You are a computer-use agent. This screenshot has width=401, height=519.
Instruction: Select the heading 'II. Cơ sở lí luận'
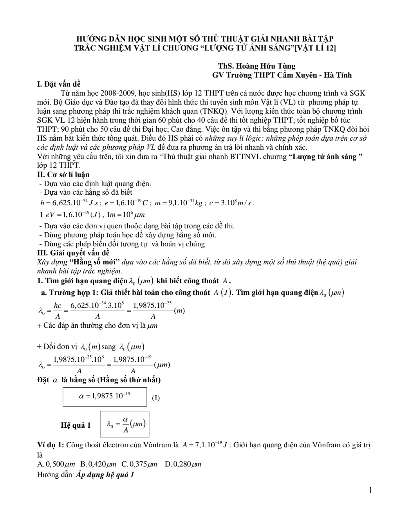(x=63, y=175)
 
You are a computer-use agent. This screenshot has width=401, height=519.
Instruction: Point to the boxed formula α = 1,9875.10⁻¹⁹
(x=105, y=396)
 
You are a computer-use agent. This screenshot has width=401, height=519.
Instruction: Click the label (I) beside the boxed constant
(x=155, y=398)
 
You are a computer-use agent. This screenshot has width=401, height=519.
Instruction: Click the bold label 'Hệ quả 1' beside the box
(x=76, y=425)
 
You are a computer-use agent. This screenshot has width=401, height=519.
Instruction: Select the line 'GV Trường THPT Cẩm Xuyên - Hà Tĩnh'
(x=282, y=75)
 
